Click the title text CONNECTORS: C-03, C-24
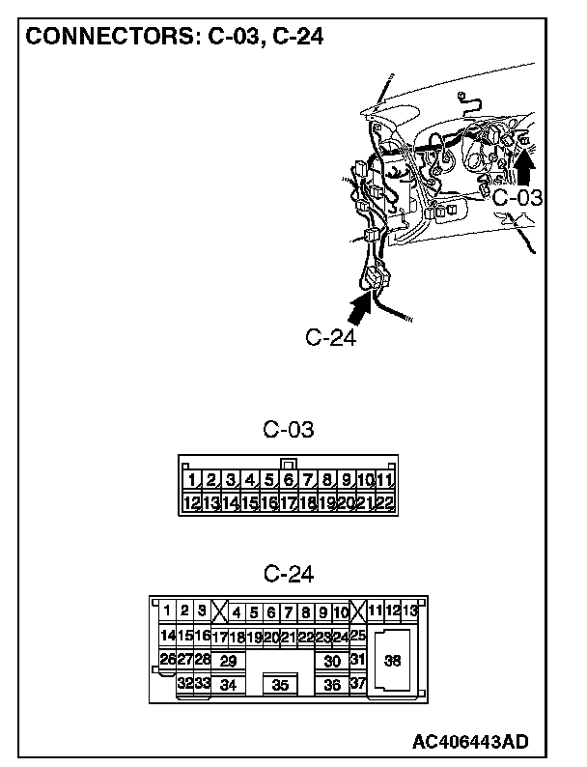click(174, 37)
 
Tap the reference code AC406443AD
click(470, 741)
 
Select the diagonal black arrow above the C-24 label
click(360, 309)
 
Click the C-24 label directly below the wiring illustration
click(331, 337)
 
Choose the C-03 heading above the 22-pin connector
click(288, 429)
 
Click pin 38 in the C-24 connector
click(393, 661)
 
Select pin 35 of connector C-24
click(281, 685)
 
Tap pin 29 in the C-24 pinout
click(228, 661)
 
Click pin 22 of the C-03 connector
click(385, 502)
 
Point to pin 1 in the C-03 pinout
click(192, 479)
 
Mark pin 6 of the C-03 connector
click(288, 479)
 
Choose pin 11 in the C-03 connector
click(385, 479)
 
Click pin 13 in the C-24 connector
click(410, 611)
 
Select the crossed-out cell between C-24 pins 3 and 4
click(219, 611)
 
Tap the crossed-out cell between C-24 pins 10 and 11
click(357, 611)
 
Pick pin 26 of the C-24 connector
click(167, 659)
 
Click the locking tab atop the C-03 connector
click(287, 463)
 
